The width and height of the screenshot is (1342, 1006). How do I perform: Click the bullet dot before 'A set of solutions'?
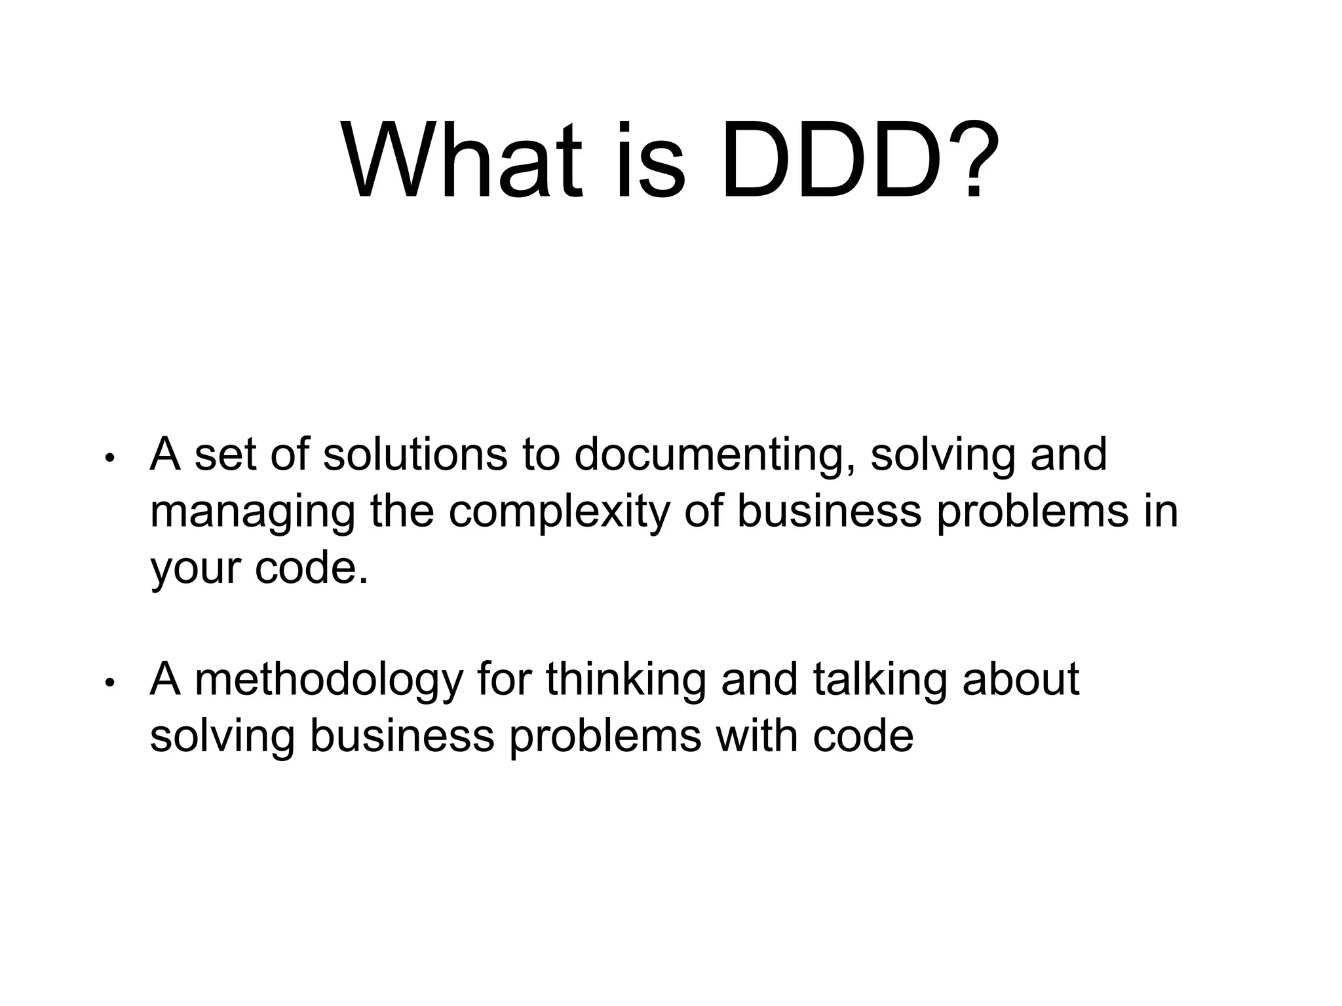[109, 458]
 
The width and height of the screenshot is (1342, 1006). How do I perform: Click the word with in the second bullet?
[757, 736]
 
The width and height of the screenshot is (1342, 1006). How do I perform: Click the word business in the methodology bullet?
[402, 736]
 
